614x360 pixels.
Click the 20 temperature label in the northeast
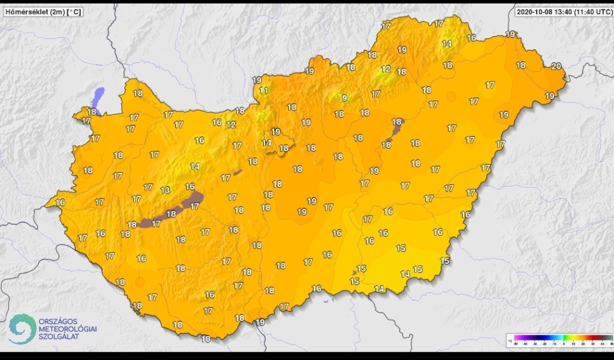[556, 66]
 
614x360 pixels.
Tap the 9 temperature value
[344, 98]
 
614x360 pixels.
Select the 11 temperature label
[264, 91]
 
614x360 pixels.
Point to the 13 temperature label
[165, 190]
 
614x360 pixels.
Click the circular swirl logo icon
[22, 330]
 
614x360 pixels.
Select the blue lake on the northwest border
[98, 95]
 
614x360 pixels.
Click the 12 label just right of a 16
[231, 125]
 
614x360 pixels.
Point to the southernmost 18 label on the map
[206, 339]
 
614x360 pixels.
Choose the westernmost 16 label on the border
[60, 202]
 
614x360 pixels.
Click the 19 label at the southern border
[260, 322]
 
